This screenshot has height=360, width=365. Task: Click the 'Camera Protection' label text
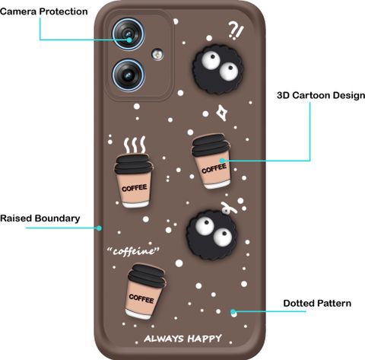tap(43, 11)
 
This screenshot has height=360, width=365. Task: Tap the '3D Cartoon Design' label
tap(321, 95)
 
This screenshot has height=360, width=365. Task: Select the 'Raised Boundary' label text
tap(40, 218)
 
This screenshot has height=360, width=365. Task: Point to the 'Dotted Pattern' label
tap(317, 304)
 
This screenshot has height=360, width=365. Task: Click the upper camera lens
tap(129, 34)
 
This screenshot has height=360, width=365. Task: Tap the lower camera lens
tap(129, 75)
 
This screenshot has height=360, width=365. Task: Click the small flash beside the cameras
tap(157, 54)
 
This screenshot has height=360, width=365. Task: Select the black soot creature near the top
tap(218, 69)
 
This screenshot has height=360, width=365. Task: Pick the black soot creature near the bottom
tap(212, 234)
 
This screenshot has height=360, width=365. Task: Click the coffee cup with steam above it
tap(134, 181)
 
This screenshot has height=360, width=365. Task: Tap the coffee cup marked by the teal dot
tap(211, 161)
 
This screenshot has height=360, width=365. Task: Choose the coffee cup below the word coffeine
tap(145, 292)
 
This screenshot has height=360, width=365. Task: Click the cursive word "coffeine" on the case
tap(133, 251)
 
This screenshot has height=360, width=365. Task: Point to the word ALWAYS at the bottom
tap(163, 339)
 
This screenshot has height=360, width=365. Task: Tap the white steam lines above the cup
tap(135, 145)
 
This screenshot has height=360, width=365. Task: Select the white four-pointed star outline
tap(222, 113)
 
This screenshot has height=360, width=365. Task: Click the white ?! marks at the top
tap(236, 30)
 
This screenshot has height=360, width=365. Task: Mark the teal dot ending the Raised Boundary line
tap(100, 228)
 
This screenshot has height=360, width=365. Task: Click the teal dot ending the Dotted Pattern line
tap(233, 311)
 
